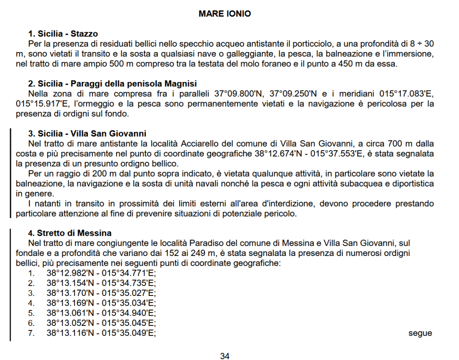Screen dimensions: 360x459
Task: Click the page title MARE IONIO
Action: (x=225, y=14)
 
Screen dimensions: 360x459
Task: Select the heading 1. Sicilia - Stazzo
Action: (x=63, y=34)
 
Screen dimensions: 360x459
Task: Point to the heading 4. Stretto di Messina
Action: (x=70, y=233)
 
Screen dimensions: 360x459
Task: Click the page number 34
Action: (x=225, y=356)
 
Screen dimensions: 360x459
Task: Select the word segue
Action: (x=420, y=333)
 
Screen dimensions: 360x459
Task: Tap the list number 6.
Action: (x=31, y=323)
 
